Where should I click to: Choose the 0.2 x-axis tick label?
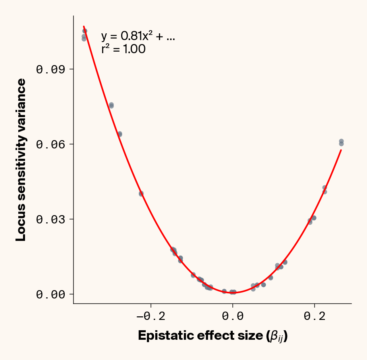coord(315,316)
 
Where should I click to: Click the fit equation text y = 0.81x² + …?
coord(138,37)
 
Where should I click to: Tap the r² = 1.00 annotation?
coord(123,49)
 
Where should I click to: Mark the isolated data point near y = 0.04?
coord(141,194)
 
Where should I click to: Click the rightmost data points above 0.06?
coord(341,142)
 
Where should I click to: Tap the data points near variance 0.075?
coord(112,105)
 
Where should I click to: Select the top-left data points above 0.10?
coord(84,35)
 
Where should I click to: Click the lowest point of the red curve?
coord(233,293)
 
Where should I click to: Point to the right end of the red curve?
coord(341,150)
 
